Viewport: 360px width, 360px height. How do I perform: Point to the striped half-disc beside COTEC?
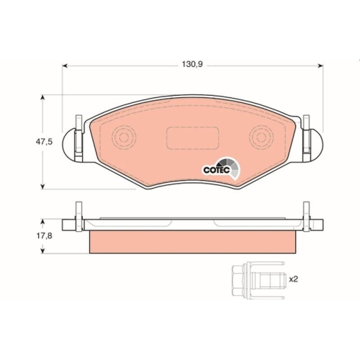coord(230,166)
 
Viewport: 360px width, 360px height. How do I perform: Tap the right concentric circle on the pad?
coord(263,137)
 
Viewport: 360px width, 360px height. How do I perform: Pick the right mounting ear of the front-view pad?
coord(312,145)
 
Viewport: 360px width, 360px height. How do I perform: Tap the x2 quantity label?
coord(293,278)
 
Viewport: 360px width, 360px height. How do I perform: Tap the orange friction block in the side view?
coord(192,242)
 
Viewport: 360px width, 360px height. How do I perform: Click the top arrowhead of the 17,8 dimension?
coord(45,220)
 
